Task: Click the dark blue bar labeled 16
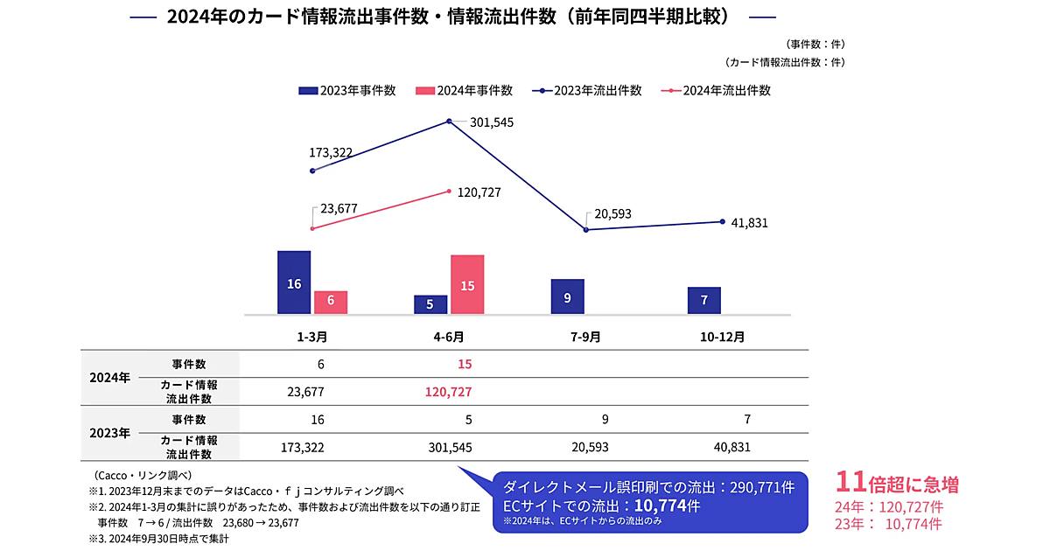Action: tap(294, 282)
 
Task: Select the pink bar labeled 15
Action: tap(467, 284)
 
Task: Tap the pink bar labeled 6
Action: tap(331, 302)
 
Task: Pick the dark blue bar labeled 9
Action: tap(567, 296)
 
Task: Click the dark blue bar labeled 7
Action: tap(704, 300)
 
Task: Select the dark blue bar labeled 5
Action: tap(430, 304)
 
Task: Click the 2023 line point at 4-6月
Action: tap(449, 121)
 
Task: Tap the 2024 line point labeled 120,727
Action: tap(449, 191)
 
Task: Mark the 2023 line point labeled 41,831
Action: tap(722, 221)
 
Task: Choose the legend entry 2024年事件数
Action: tap(464, 90)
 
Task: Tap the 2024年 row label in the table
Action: tap(110, 378)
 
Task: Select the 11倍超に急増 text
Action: tap(897, 483)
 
